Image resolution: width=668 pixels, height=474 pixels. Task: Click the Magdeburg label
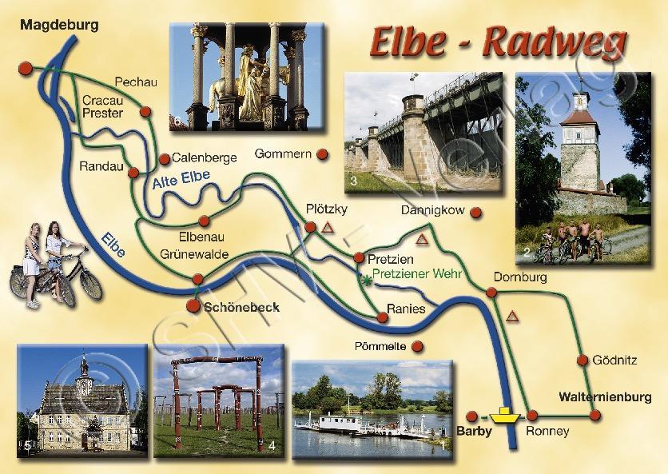[59, 25]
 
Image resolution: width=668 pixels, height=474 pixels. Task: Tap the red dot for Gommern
[322, 153]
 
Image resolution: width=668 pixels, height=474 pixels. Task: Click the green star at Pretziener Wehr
[365, 280]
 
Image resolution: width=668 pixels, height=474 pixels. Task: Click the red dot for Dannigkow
[475, 213]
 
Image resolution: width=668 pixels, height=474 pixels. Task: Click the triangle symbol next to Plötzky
[327, 228]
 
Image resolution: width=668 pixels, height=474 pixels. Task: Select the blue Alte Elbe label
[174, 185]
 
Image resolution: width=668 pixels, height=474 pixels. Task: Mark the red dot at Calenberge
[164, 157]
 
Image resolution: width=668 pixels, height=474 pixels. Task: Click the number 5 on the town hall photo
[26, 444]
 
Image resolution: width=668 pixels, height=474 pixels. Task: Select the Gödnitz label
[614, 360]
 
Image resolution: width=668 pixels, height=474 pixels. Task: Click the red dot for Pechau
[145, 112]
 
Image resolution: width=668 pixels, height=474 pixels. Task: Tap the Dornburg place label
[519, 277]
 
